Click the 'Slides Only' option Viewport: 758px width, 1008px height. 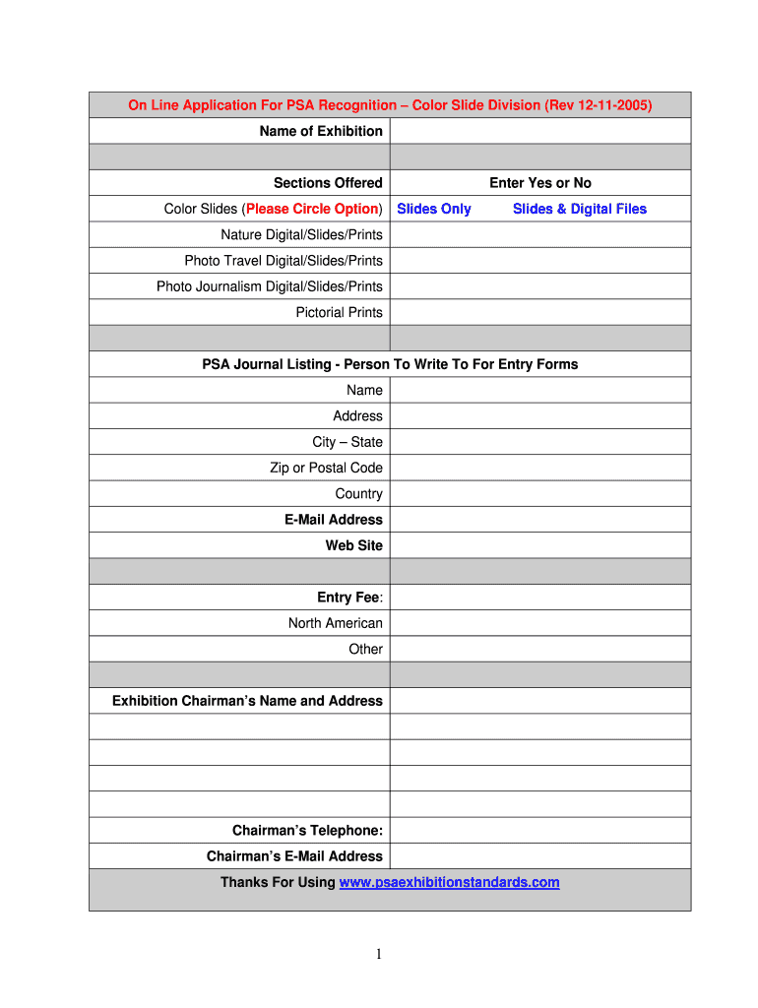(x=433, y=209)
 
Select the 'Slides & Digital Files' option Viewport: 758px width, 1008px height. (x=579, y=209)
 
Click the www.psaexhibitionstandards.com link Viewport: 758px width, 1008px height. (x=449, y=882)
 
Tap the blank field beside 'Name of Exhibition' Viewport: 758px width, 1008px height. (x=539, y=131)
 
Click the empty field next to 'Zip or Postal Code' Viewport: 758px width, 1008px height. (x=539, y=468)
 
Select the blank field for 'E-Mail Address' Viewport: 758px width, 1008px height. (x=539, y=520)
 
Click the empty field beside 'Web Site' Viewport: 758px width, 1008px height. (x=539, y=545)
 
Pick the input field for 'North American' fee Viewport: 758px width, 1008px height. (x=539, y=623)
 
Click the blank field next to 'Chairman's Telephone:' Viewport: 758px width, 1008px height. (x=539, y=831)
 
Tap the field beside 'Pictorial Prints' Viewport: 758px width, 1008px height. (x=539, y=312)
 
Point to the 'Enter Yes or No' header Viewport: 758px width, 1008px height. (x=539, y=183)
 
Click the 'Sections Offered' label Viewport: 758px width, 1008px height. (x=328, y=183)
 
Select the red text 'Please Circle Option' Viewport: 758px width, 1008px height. (x=312, y=209)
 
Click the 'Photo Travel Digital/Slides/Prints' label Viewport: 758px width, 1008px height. (x=284, y=261)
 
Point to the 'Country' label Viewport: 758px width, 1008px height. (x=358, y=494)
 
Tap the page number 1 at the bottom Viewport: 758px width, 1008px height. (x=379, y=954)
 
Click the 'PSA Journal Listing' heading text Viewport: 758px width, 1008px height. (x=390, y=364)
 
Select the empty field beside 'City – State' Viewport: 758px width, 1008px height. (x=539, y=442)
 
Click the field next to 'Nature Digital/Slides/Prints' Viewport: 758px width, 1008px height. (x=539, y=234)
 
